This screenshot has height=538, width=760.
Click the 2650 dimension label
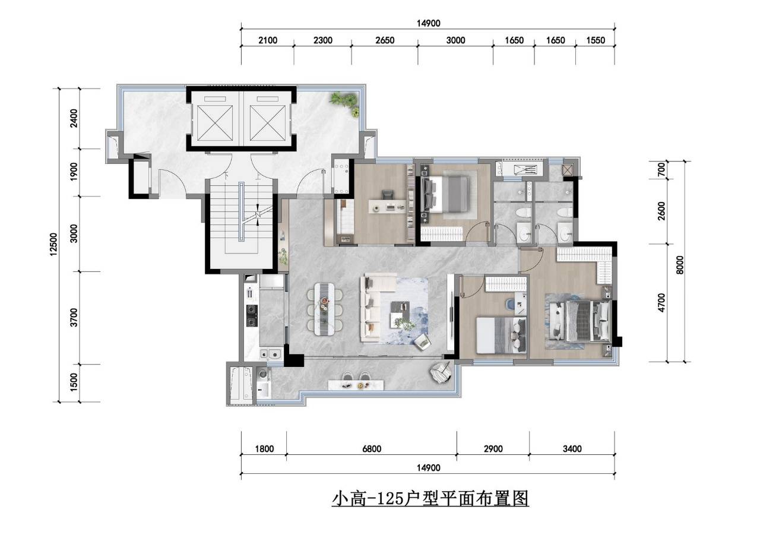[x=385, y=40]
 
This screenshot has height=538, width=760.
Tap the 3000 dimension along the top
[x=455, y=40]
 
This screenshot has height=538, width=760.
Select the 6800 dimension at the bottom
[x=372, y=449]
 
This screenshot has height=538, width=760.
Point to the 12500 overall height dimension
[x=54, y=244]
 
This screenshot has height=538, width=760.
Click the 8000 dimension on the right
[x=680, y=265]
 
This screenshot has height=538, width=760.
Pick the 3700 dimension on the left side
[x=74, y=318]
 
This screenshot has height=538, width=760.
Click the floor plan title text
[x=430, y=499]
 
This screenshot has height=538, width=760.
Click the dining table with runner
[x=324, y=309]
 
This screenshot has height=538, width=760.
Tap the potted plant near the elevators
[x=345, y=103]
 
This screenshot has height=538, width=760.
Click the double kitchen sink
[x=270, y=354]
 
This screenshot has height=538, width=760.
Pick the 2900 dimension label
[x=493, y=449]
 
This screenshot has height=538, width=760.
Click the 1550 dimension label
[x=596, y=40]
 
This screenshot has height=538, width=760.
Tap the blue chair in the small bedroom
[x=510, y=303]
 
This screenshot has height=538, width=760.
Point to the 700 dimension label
[x=661, y=170]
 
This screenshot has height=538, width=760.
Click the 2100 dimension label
[x=268, y=40]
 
